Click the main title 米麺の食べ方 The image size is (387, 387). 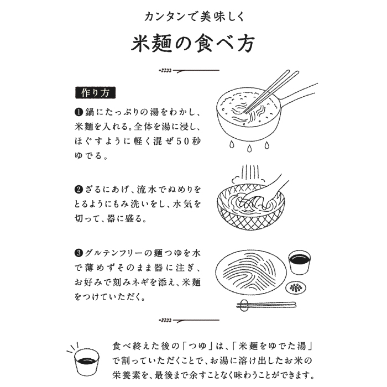tap(193, 44)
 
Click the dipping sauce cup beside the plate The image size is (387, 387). tap(299, 263)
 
